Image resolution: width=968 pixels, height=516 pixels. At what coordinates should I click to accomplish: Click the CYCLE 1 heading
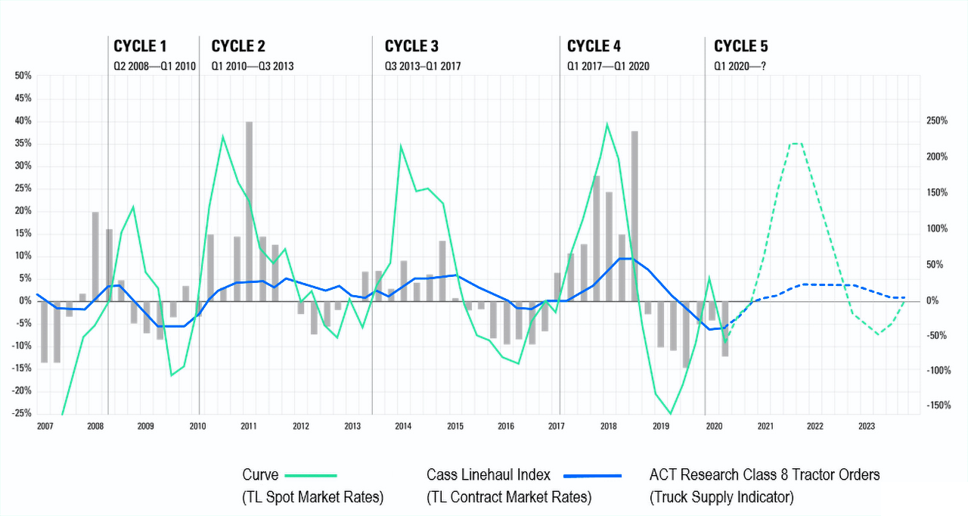coord(141,46)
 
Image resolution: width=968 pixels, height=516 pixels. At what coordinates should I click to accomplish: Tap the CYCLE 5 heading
coord(741,46)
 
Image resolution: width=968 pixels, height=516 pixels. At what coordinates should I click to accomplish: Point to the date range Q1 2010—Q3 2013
coord(253,66)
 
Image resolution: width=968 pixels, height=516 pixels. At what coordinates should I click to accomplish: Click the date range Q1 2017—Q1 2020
coord(608,66)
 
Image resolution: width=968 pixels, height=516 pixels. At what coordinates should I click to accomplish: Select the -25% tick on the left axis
coord(21,413)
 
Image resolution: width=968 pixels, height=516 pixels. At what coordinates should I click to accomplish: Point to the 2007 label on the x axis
coord(45,427)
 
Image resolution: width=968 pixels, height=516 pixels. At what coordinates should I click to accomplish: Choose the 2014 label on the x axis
coord(403,427)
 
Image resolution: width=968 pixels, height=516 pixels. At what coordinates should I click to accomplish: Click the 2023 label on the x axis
coord(867,427)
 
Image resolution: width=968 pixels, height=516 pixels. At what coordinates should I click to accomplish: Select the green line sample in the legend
coord(310,476)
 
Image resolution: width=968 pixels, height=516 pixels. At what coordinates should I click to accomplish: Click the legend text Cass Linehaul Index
coord(489,475)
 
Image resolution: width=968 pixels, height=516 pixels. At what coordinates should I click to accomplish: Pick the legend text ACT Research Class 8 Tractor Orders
coord(765,475)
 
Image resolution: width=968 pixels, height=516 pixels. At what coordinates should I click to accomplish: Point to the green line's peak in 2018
coord(607,124)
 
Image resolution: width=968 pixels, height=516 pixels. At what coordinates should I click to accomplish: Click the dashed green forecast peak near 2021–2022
coord(796,143)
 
